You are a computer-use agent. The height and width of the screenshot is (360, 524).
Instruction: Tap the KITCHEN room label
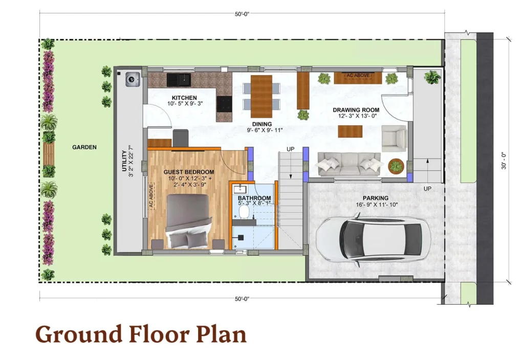point(184,98)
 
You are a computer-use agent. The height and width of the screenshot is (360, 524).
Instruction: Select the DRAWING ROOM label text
point(356,110)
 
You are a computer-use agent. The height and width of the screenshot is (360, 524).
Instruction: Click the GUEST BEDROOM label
point(189,172)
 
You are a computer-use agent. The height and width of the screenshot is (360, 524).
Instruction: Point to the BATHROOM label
point(254,198)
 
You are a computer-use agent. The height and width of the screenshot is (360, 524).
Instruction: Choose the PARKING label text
point(376,198)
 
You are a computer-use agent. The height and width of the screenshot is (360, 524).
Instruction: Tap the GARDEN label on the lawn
point(84,147)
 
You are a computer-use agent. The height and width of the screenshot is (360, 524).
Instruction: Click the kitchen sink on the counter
point(179,79)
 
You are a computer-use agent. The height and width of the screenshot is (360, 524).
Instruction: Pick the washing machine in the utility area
point(133,79)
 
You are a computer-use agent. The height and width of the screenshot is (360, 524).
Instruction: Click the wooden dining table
point(261,96)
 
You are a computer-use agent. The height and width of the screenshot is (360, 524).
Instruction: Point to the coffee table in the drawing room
point(350,131)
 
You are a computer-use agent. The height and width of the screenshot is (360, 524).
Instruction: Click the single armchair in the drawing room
point(394,138)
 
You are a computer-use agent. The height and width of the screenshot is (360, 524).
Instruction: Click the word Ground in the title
point(79,334)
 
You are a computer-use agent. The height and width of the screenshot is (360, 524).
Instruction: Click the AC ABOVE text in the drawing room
point(358,76)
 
